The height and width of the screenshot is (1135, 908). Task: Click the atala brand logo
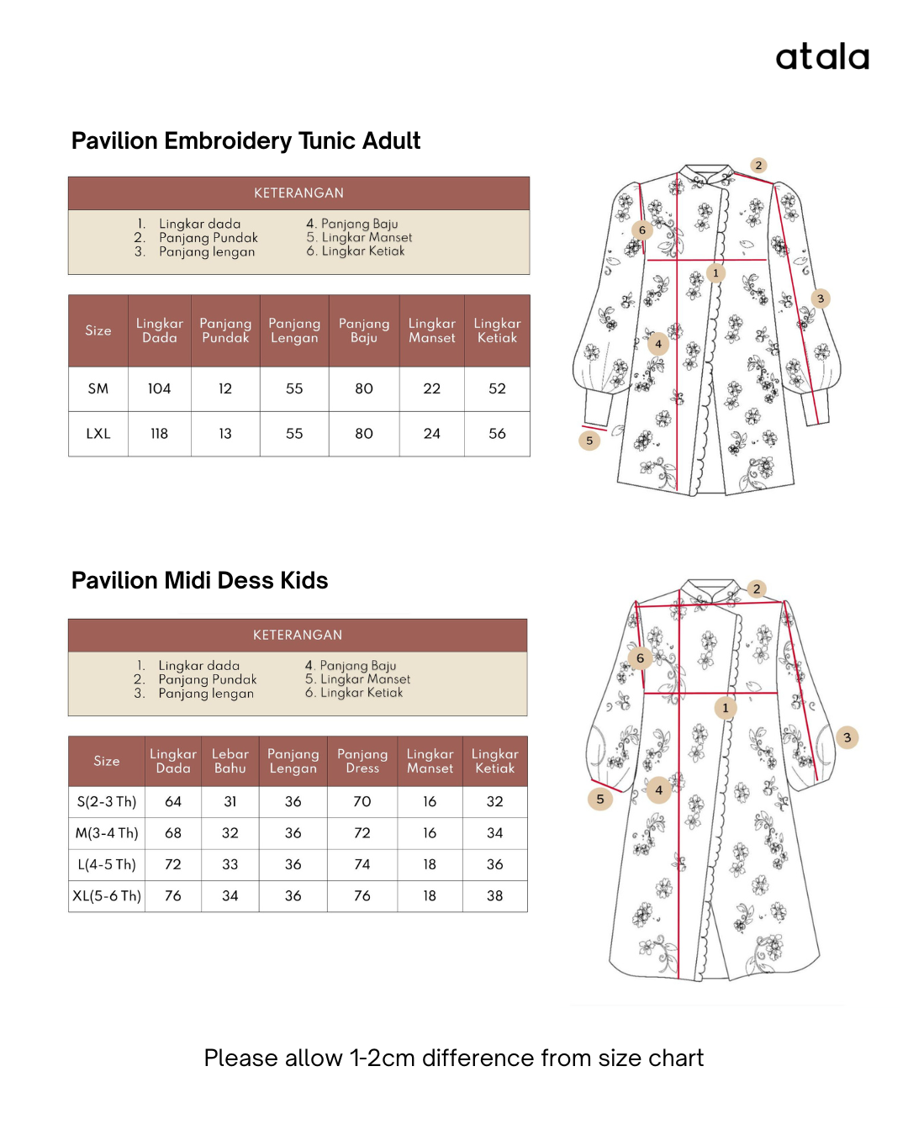821,57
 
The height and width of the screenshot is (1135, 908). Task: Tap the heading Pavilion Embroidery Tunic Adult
245,141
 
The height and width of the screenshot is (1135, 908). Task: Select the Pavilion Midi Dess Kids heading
199,581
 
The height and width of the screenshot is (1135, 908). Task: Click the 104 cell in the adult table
159,388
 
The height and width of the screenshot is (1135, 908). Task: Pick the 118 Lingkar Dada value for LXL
159,434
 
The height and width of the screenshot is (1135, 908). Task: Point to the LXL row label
98,434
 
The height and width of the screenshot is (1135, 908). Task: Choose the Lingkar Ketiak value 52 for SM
497,388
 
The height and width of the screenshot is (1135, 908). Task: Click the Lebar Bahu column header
230,761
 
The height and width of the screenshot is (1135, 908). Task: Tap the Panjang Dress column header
362,761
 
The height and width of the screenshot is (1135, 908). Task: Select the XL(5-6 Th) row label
107,896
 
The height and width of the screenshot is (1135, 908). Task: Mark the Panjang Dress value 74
362,864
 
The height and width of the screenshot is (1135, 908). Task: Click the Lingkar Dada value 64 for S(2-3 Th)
173,802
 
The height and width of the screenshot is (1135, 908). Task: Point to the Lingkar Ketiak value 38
494,896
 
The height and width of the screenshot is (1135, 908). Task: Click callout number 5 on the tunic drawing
589,441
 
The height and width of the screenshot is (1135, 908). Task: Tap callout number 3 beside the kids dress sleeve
847,737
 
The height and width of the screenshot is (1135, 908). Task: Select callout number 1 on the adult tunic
715,272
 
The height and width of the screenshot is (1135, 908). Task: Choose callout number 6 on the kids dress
640,658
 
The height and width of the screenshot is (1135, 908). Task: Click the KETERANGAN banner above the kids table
298,635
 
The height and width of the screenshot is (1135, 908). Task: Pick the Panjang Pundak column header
225,330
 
